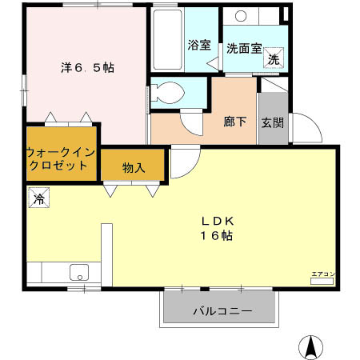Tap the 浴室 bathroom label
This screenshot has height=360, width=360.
pos(198,45)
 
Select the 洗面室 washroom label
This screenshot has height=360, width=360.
pos(243,47)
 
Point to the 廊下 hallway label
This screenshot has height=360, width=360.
pos(234,123)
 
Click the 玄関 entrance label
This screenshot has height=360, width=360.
pos(272,123)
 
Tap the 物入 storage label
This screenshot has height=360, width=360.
pos(133,167)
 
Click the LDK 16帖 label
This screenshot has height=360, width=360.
pos(216,228)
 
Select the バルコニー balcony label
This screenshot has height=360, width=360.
pos(222,310)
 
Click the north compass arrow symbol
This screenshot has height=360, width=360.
pos(310,346)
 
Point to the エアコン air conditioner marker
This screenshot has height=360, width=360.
pos(323,274)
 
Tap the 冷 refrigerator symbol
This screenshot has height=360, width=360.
pos(38,198)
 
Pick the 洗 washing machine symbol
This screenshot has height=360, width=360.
pos(274,58)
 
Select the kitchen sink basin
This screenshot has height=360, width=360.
pos(81,271)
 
